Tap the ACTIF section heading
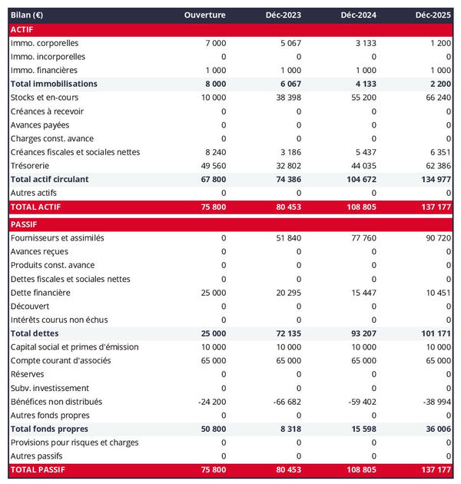[22, 29]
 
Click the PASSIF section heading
[25, 224]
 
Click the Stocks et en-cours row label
[45, 98]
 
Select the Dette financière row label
[41, 293]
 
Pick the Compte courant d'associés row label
[61, 360]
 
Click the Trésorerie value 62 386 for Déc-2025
[436, 165]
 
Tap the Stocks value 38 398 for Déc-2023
[286, 98]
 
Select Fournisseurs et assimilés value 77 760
[360, 238]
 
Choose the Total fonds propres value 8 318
[289, 429]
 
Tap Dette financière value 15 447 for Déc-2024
[360, 293]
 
